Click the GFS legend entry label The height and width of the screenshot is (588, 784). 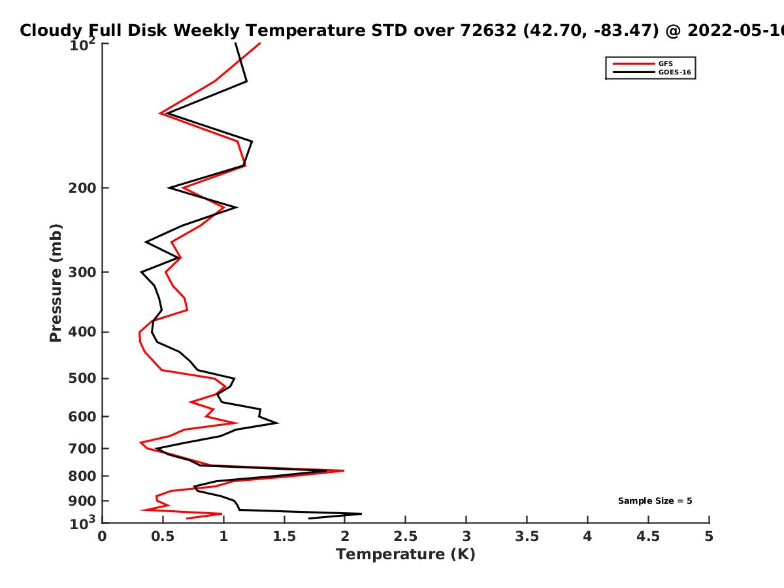tap(665, 63)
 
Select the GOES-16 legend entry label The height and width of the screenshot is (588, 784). tap(675, 72)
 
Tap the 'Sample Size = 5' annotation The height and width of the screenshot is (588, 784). tap(655, 500)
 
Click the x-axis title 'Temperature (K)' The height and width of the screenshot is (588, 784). tap(406, 555)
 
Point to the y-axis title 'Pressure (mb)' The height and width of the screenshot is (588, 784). tap(56, 283)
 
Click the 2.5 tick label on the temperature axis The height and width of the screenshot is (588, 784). tap(406, 536)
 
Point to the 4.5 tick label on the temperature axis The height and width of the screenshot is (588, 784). tap(648, 536)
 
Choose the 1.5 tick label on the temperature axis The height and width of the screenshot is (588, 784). tap(284, 536)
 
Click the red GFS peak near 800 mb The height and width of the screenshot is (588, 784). tap(344, 470)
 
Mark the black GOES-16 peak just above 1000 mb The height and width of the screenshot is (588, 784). tap(361, 514)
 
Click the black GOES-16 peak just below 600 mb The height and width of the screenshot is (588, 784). tap(278, 423)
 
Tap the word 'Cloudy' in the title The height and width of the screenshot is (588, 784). tap(51, 31)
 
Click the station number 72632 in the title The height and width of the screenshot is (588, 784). tap(488, 30)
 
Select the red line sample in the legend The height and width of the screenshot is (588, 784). tap(634, 63)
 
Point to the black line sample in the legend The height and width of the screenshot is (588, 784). tap(634, 72)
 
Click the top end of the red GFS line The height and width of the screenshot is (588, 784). tap(260, 43)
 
